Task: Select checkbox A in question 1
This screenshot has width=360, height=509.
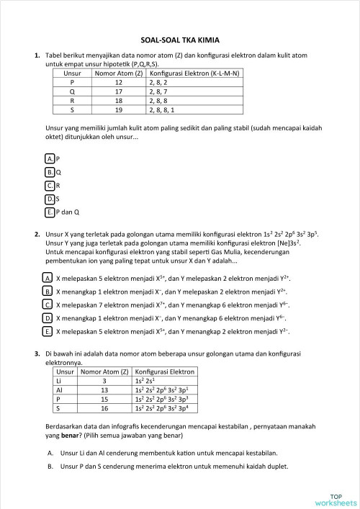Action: point(49,158)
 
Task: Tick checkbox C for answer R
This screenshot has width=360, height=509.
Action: point(49,186)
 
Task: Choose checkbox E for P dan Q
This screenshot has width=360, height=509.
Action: point(49,212)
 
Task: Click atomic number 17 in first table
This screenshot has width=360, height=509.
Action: point(118,92)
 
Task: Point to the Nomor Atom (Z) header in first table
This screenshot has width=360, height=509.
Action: point(118,73)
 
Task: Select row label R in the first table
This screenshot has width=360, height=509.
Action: point(71,102)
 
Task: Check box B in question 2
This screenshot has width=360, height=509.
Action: point(47,291)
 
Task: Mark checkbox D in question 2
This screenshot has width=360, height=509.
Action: point(47,318)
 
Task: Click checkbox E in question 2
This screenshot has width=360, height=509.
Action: point(47,332)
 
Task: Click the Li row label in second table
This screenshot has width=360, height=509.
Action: point(63,381)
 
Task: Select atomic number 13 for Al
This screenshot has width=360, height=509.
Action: point(104,389)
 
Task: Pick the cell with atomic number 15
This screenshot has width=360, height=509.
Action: point(104,399)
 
